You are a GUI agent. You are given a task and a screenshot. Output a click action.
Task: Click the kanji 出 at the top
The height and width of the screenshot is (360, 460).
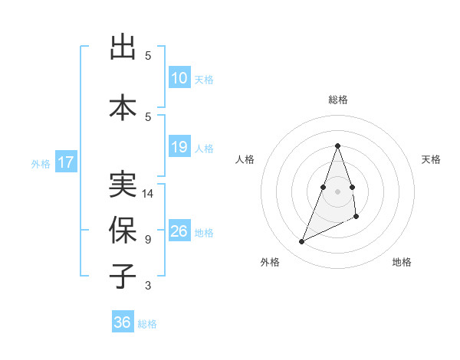coord(123,47)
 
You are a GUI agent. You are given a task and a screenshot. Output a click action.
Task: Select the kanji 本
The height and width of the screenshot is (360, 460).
coord(123,106)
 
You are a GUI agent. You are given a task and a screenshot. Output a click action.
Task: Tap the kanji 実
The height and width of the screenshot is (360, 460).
coord(123,184)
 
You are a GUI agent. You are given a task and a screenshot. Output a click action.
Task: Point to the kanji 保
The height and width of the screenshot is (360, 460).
coord(123,229)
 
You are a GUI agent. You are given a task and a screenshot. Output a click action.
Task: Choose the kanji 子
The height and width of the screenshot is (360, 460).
coord(123,275)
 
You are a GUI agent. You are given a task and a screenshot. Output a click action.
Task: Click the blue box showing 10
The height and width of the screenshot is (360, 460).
coord(179,78)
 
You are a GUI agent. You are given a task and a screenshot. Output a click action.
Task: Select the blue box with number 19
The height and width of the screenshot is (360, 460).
coord(179,147)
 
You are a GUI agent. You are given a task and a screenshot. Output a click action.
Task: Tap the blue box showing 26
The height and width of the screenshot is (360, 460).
coord(179,231)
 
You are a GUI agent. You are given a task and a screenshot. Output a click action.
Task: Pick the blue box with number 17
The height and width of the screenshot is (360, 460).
coord(65,162)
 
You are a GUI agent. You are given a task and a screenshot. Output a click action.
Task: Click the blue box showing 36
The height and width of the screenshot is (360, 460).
coord(123,322)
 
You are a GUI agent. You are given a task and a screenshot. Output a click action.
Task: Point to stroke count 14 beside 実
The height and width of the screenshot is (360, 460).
coord(148,193)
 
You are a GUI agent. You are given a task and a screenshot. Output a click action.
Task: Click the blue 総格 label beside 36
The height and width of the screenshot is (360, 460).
coord(147,324)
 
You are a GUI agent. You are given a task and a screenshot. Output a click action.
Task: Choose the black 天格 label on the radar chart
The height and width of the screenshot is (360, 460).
coord(431,159)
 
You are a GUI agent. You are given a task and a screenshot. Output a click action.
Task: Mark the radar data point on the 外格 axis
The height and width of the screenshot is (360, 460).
coord(301,242)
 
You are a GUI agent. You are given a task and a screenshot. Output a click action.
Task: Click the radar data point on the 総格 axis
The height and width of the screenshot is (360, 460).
coord(337,146)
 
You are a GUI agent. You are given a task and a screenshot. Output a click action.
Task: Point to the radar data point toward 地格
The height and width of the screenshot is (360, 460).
coord(357,218)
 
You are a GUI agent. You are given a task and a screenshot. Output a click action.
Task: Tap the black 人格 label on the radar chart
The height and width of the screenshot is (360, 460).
coord(245,159)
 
